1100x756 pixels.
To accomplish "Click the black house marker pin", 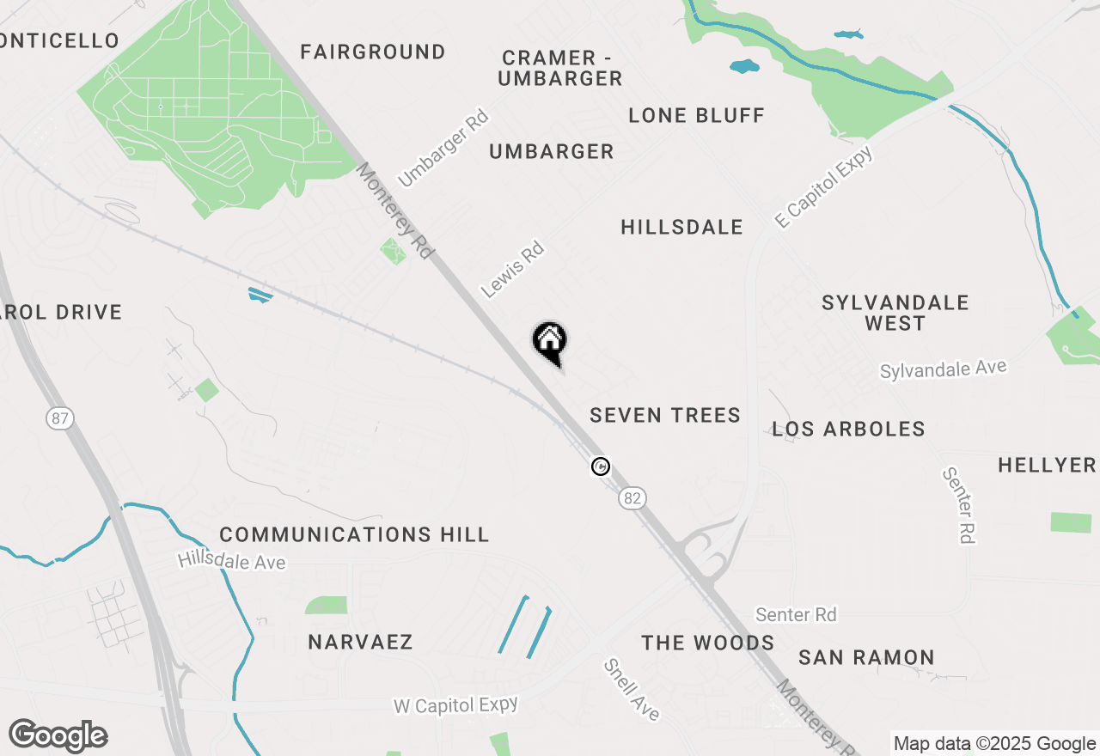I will point(550,343).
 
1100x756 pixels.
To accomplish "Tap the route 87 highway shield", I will point(60,418).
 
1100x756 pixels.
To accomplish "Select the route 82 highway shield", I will point(632,497).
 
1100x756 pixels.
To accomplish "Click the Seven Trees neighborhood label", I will point(665,415).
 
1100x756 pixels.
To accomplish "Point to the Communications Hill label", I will point(354,534).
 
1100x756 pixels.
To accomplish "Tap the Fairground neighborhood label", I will point(373,52).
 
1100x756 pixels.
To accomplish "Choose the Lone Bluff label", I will point(696,115).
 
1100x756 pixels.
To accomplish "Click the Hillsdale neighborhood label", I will point(681,227).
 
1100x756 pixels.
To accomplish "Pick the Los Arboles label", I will point(848,429).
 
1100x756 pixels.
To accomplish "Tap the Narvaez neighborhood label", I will point(360,642).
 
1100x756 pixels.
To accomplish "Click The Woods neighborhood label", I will point(708,643).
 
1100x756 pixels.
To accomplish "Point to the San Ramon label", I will point(866,657).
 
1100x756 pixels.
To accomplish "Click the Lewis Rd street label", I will point(513,270).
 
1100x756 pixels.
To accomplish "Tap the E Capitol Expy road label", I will point(823,187).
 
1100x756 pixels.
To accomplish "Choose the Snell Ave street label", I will point(632,689).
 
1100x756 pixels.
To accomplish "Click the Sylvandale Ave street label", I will point(943,369).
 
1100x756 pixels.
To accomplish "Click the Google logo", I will point(58,735).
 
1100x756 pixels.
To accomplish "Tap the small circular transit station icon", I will point(601,466).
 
